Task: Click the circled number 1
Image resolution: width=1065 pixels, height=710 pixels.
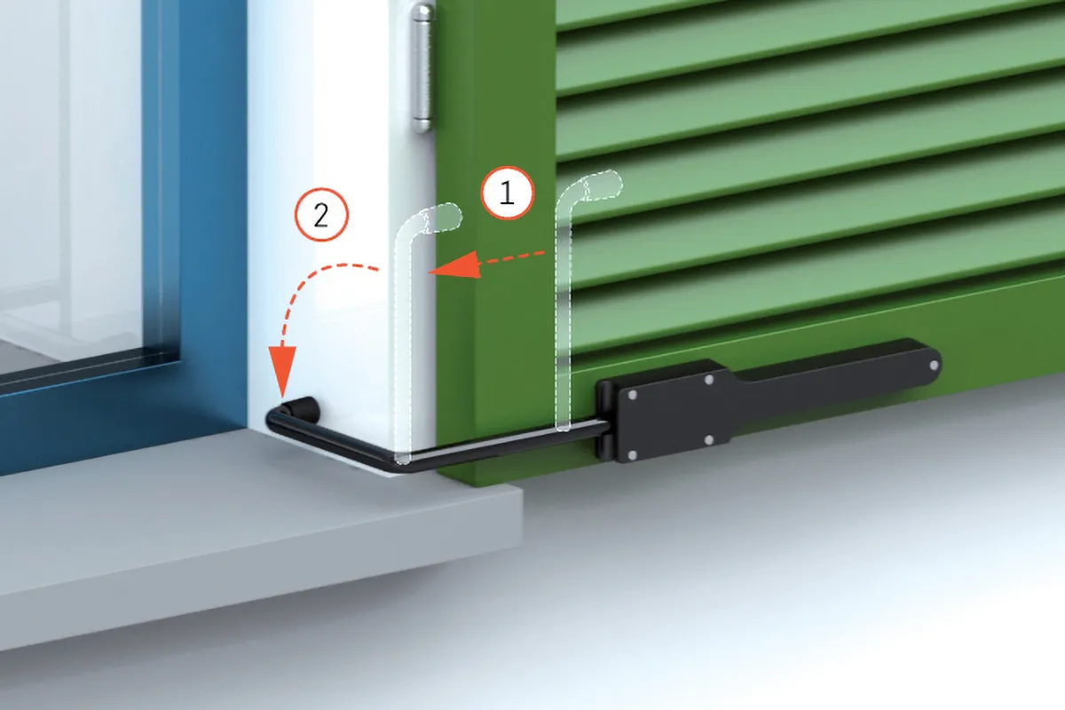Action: tap(508, 193)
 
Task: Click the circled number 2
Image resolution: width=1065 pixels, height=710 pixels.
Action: tap(321, 216)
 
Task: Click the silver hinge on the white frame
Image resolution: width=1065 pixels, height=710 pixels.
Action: tap(422, 68)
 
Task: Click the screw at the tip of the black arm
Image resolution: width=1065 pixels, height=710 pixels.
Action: tap(935, 366)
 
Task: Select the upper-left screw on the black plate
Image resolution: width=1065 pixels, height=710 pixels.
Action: tap(632, 395)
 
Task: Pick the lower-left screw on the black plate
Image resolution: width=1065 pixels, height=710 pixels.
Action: tap(632, 456)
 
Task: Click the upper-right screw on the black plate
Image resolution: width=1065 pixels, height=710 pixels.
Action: tap(709, 380)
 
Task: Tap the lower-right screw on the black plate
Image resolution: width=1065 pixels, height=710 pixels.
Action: tap(708, 440)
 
